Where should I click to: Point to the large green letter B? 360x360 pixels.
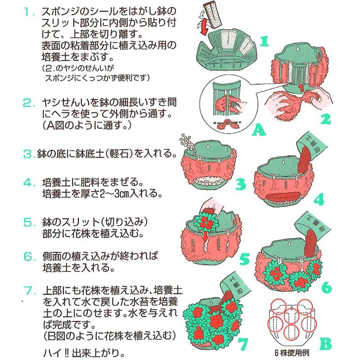point(325,343)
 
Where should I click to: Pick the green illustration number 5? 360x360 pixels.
point(244,258)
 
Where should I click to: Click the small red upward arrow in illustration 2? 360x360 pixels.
point(301,87)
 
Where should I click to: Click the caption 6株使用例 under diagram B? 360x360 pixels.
point(292,353)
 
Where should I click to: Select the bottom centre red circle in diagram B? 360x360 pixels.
point(291,333)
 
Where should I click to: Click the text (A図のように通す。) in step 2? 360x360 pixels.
point(87,125)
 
